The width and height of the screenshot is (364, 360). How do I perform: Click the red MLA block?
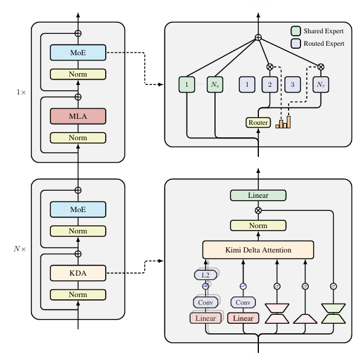(x=78, y=116)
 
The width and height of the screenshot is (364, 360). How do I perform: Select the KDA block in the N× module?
(x=78, y=273)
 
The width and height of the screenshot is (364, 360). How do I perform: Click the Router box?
(x=258, y=122)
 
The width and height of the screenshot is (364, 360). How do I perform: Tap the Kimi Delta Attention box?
(x=258, y=250)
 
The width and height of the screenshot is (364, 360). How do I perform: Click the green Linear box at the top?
(x=258, y=195)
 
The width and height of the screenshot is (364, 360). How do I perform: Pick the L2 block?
(x=205, y=274)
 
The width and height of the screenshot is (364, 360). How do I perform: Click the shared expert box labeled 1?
(x=187, y=86)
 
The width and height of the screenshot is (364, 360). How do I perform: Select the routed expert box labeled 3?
(x=293, y=86)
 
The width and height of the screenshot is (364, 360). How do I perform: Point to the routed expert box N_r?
(x=321, y=86)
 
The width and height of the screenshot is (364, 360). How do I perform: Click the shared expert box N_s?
(x=215, y=86)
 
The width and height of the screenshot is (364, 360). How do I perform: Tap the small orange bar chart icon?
(x=283, y=122)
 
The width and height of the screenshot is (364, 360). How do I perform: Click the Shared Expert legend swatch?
(x=295, y=30)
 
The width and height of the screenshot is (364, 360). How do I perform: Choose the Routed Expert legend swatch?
(x=295, y=43)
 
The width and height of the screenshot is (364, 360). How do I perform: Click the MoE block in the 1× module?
(x=78, y=53)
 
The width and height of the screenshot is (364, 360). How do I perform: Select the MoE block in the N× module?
(x=78, y=209)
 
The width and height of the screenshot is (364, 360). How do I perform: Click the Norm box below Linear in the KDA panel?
(x=258, y=226)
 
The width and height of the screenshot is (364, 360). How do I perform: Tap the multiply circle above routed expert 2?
(x=270, y=67)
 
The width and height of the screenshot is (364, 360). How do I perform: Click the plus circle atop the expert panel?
(x=258, y=38)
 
